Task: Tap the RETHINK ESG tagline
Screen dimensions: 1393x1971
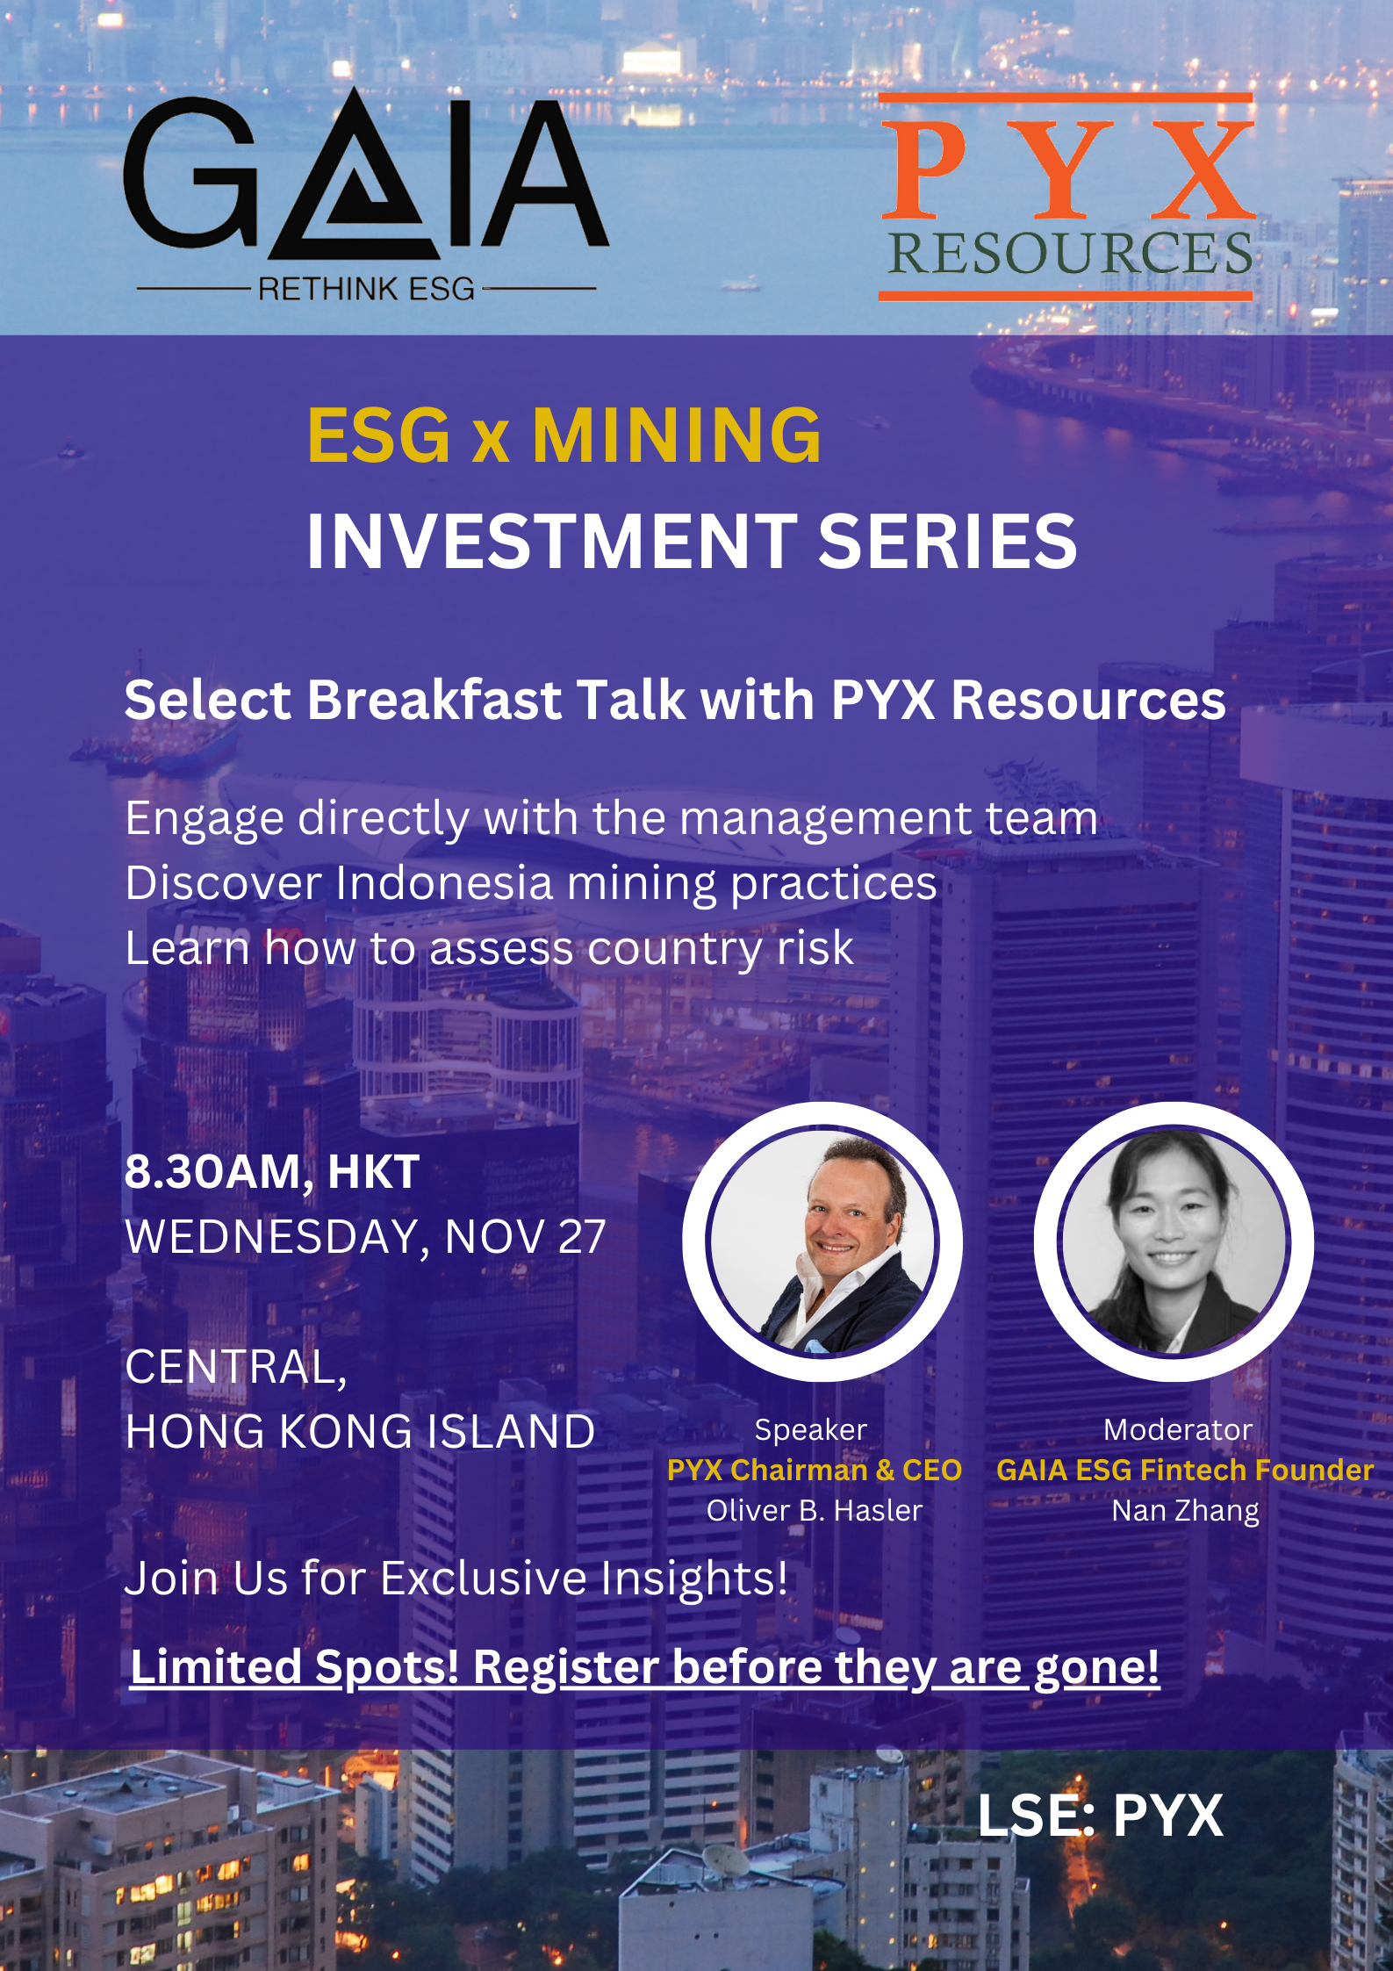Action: pyautogui.click(x=366, y=289)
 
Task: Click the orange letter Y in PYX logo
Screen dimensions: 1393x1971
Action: pyautogui.click(x=1067, y=169)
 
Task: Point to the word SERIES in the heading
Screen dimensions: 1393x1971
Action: pyautogui.click(x=947, y=541)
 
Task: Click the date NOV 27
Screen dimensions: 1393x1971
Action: pyautogui.click(x=525, y=1237)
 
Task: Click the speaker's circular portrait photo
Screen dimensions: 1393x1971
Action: pyautogui.click(x=822, y=1241)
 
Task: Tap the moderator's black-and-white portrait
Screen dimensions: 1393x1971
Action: pyautogui.click(x=1174, y=1241)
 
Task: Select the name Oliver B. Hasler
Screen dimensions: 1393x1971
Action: pyautogui.click(x=815, y=1510)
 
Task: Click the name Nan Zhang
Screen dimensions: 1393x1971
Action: pyautogui.click(x=1185, y=1511)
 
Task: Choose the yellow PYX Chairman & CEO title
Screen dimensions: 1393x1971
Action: pyautogui.click(x=815, y=1470)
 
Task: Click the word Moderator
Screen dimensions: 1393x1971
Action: pyautogui.click(x=1178, y=1429)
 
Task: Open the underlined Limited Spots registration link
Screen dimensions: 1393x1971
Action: pyautogui.click(x=645, y=1667)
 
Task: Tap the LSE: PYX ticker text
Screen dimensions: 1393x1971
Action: pyautogui.click(x=1100, y=1816)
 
